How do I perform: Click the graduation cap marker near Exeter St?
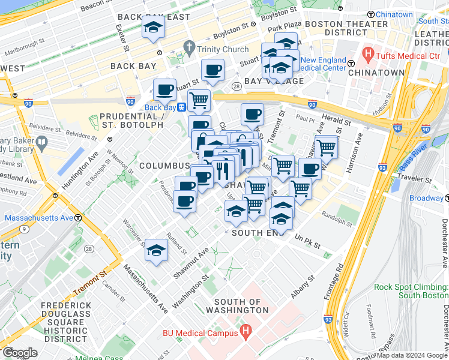click(154, 28)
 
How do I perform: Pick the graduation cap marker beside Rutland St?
click(156, 251)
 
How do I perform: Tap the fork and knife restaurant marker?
click(222, 170)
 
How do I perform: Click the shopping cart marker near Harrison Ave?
click(325, 146)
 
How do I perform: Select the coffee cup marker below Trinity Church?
click(212, 71)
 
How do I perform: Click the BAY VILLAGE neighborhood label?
click(270, 81)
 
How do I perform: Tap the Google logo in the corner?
click(19, 353)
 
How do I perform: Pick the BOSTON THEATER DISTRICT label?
click(346, 28)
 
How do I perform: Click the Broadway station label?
click(426, 198)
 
